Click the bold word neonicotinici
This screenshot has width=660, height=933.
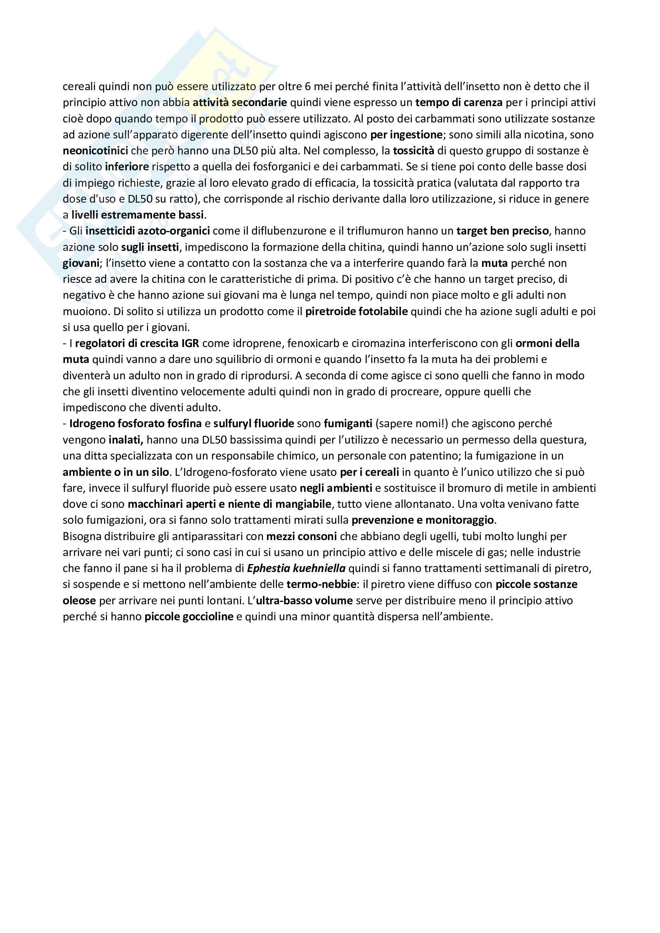[x=95, y=151]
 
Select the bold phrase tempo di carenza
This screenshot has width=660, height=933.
[x=459, y=103]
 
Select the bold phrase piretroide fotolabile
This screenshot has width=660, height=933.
[x=356, y=311]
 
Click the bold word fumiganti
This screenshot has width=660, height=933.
[x=348, y=424]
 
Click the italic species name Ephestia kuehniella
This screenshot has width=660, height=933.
[x=296, y=568]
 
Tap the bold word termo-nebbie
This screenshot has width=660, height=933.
[x=321, y=584]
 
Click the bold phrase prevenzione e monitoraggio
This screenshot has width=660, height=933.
[x=423, y=520]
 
